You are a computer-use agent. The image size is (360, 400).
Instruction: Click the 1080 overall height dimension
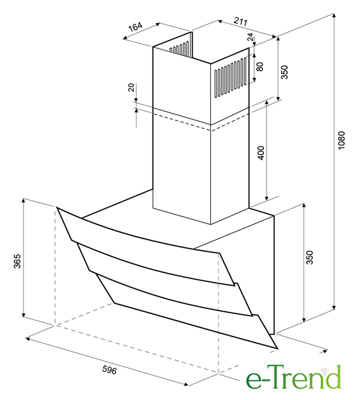tap(341, 140)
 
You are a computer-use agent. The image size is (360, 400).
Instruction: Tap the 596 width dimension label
tap(110, 370)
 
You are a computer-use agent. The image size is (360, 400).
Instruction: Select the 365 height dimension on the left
tap(17, 261)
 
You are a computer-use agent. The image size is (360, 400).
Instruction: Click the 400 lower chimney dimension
tap(261, 153)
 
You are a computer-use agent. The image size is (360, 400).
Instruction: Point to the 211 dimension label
tap(241, 22)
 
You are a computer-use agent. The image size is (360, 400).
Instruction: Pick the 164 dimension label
tap(135, 26)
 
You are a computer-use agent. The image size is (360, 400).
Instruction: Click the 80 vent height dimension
tap(260, 67)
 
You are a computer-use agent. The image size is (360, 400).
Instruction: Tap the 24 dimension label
tap(251, 37)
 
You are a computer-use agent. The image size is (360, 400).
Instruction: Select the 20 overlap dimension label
tap(131, 87)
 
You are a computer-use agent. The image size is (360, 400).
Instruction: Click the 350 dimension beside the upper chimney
tap(285, 72)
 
